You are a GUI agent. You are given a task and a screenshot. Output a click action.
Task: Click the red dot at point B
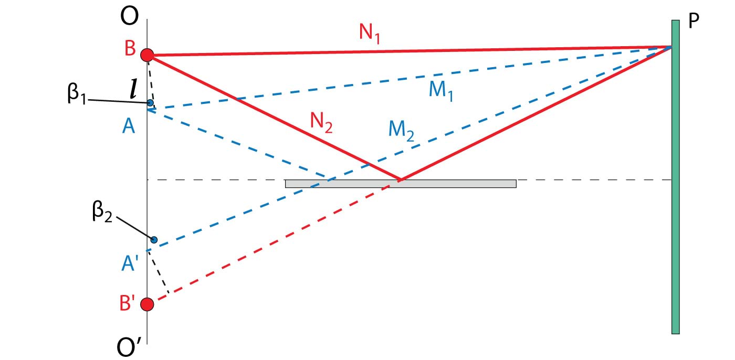(x=148, y=54)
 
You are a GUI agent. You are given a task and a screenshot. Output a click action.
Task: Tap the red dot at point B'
(x=148, y=304)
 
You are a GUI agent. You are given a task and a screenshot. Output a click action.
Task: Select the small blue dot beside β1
(x=150, y=102)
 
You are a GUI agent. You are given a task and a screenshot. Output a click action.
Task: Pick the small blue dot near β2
(x=154, y=240)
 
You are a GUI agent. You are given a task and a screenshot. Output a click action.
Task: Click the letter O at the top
(x=129, y=16)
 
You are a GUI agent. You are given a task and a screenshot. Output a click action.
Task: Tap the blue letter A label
(x=128, y=126)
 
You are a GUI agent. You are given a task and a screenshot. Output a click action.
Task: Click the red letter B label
(x=129, y=50)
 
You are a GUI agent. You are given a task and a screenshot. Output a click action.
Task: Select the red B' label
(x=129, y=304)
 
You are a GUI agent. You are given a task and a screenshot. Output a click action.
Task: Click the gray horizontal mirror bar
(x=401, y=184)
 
